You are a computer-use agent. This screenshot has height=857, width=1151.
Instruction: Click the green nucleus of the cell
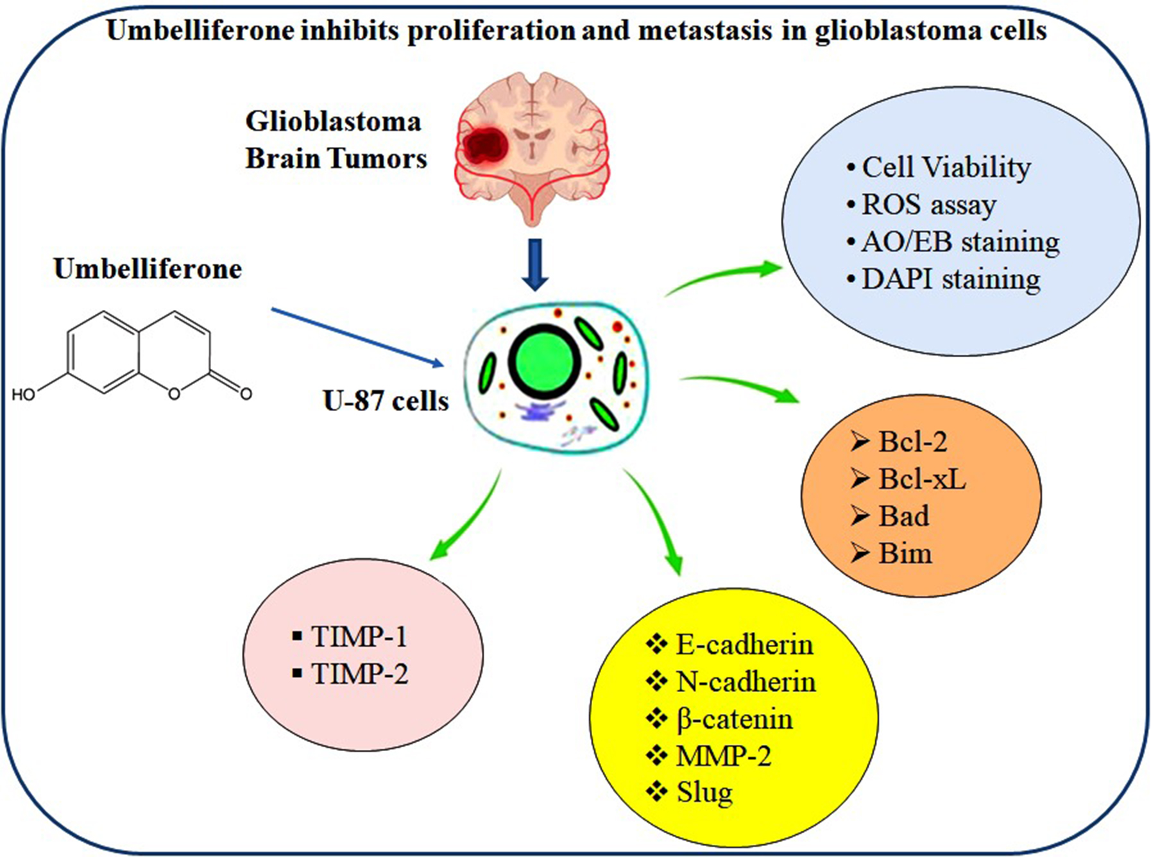(545, 361)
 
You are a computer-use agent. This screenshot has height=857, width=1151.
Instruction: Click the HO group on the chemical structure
(24, 395)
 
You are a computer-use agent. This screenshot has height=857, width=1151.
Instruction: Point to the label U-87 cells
(386, 401)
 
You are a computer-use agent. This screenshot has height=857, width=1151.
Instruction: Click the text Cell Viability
(946, 167)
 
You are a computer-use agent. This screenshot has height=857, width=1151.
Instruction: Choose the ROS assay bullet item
(928, 205)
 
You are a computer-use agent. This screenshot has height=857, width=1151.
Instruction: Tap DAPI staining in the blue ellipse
(950, 279)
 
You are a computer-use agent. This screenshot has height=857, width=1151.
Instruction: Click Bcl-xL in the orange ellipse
(921, 479)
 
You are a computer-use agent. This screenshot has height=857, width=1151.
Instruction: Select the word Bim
(905, 553)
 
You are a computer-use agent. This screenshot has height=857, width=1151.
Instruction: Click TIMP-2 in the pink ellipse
(359, 674)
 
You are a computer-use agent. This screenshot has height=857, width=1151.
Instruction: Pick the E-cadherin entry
(744, 644)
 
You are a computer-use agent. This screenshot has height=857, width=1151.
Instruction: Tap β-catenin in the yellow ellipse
(735, 718)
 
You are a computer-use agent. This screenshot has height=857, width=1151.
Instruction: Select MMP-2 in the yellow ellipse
(723, 756)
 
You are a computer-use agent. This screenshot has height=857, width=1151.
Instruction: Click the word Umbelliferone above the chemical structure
(148, 269)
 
